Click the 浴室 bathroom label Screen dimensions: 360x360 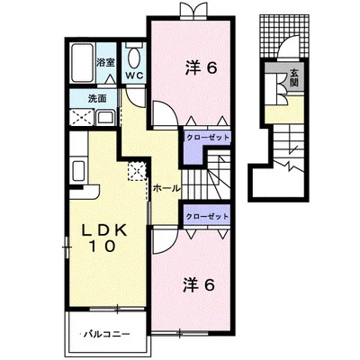[x=105, y=63]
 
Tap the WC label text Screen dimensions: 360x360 [x=134, y=76]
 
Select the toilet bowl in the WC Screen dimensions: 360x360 [x=134, y=58]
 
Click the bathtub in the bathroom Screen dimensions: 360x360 [x=83, y=63]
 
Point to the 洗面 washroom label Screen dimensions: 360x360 [x=98, y=98]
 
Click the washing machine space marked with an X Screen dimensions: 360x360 [x=82, y=118]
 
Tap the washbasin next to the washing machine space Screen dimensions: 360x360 [x=105, y=117]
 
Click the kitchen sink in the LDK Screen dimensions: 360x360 [x=79, y=171]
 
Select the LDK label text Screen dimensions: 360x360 [x=103, y=230]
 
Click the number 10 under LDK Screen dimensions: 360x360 [x=102, y=247]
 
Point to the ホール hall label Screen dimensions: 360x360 [x=166, y=188]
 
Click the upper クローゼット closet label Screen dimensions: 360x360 [x=208, y=138]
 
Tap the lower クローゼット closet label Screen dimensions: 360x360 [x=207, y=217]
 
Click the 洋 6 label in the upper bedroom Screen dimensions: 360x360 [x=200, y=68]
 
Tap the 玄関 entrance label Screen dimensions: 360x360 [x=294, y=78]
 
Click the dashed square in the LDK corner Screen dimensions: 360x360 [x=137, y=171]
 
